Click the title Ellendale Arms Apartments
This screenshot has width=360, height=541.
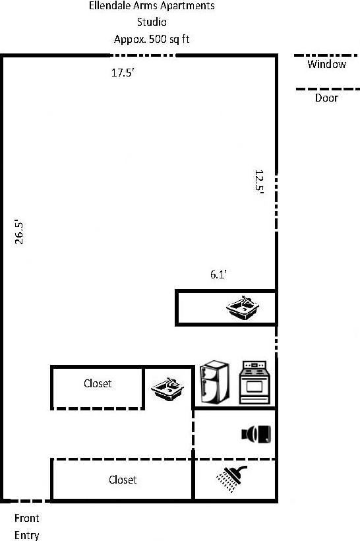(151, 7)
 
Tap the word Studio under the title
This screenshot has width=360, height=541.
(151, 22)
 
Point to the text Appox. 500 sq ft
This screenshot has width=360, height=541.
(152, 39)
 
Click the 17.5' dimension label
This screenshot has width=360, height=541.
(123, 74)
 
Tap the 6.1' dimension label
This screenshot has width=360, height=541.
(219, 275)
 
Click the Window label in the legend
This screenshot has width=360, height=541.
(326, 65)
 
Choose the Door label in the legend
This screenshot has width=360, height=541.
(326, 98)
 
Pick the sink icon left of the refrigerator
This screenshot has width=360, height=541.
(167, 389)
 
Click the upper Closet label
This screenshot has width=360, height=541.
(98, 383)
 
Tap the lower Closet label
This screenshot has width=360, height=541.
(123, 480)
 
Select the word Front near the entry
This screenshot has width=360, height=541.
(26, 519)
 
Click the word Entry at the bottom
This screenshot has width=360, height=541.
(26, 535)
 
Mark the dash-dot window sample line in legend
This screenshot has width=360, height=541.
(326, 55)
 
